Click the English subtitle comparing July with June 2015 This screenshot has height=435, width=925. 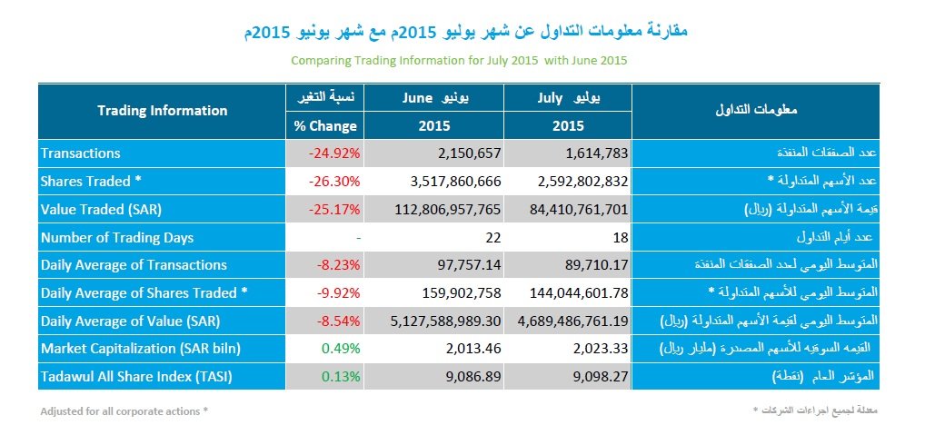[x=459, y=60]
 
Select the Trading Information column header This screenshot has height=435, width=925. [x=162, y=111]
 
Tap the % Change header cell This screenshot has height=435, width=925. [x=325, y=126]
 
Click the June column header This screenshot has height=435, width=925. [x=440, y=96]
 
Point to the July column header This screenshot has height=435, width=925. [x=569, y=96]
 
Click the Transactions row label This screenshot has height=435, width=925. [x=80, y=153]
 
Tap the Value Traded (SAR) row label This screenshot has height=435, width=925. [x=102, y=210]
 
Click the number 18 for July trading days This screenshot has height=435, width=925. [x=620, y=238]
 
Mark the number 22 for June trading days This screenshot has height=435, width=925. [x=493, y=238]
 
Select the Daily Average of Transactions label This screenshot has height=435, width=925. [x=134, y=265]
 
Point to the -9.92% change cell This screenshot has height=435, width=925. [x=338, y=293]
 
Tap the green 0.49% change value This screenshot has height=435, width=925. [x=342, y=349]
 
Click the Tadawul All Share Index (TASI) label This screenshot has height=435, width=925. [x=136, y=377]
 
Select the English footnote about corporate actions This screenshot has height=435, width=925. [x=124, y=411]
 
